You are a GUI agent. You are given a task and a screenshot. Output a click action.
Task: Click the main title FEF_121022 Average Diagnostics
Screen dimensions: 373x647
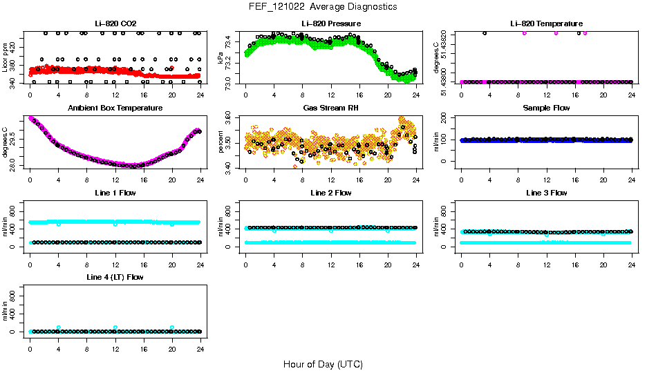(323, 6)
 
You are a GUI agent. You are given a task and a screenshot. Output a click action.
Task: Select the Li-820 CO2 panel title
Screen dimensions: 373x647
(115, 23)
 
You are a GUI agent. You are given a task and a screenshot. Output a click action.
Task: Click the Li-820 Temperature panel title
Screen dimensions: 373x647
(546, 23)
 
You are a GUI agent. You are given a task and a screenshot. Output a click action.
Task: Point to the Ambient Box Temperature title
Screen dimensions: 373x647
(115, 108)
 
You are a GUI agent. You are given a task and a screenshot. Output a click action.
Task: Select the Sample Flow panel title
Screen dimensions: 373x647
(546, 108)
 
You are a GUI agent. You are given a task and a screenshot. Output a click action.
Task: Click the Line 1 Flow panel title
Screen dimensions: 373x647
(115, 193)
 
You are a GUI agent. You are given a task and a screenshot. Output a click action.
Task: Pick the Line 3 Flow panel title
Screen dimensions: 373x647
(546, 193)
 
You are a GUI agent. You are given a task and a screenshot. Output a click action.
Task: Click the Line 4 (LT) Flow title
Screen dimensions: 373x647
(115, 277)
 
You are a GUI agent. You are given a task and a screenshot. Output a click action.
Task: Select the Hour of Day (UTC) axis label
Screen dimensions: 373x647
(323, 364)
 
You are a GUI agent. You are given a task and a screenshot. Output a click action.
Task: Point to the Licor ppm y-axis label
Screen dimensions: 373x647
(6, 57)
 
